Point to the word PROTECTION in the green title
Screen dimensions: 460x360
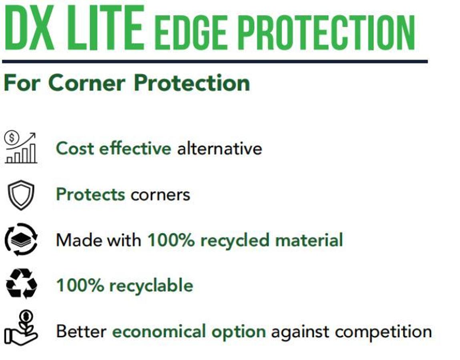[326, 32]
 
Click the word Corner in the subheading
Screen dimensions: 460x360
[86, 83]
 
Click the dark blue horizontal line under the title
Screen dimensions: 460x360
[215, 62]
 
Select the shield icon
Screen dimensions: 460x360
[21, 195]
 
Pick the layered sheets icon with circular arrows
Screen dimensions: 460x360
[21, 240]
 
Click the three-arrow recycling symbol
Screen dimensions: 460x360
[21, 284]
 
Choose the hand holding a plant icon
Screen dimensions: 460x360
[21, 328]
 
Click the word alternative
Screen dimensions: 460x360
[219, 148]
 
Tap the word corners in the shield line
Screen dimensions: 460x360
[161, 195]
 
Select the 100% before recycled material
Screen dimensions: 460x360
[171, 240]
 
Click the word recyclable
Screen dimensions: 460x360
[151, 285]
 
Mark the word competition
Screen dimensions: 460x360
[383, 332]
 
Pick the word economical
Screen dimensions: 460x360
[159, 332]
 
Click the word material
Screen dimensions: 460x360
[309, 240]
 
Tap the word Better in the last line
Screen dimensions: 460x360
[81, 331]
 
